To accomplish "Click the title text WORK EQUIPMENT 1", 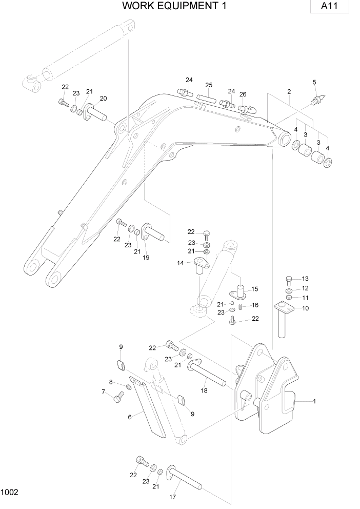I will tap(175, 6).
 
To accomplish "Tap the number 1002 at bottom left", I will tap(10, 493).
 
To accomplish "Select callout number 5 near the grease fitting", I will tap(314, 82).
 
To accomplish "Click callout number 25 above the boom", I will tap(209, 85).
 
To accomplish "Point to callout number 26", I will tap(243, 94).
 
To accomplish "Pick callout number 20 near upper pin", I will tap(103, 99).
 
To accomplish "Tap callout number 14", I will tap(181, 263).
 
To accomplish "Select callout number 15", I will tap(254, 289).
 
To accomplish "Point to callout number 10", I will tap(305, 308).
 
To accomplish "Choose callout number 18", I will tap(205, 390).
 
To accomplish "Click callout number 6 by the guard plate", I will tap(130, 417).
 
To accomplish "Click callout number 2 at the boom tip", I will tap(289, 91).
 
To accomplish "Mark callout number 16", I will tap(255, 305).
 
